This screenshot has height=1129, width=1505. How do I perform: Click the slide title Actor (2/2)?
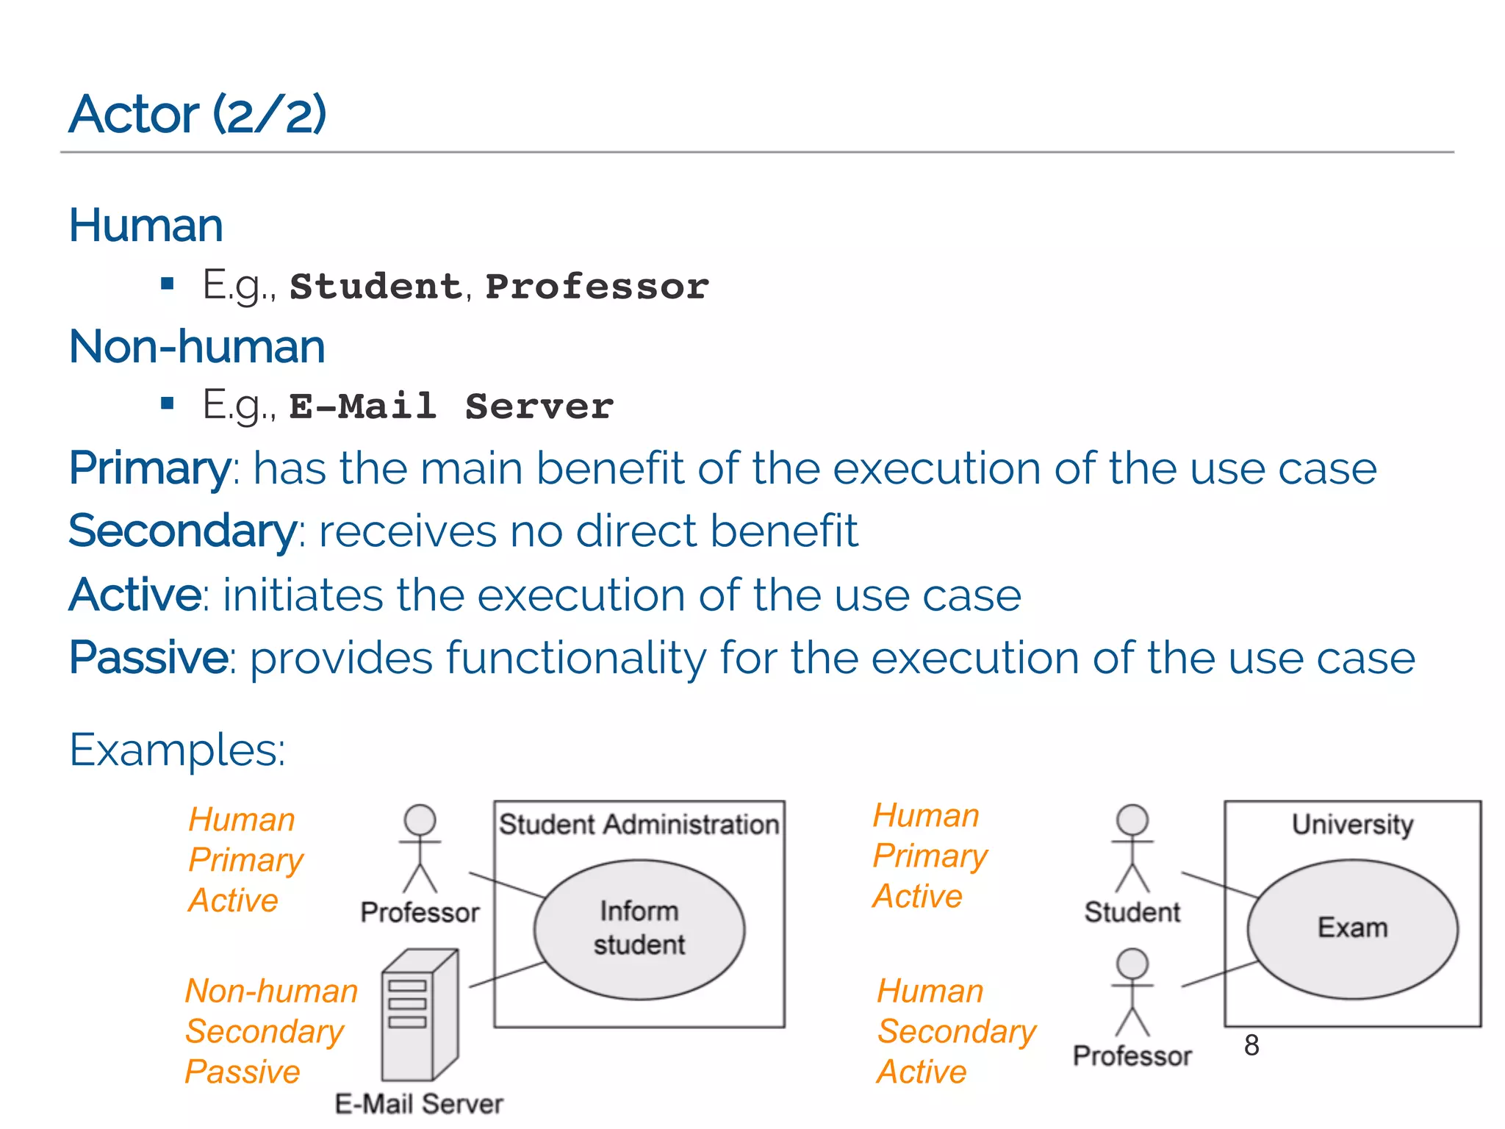click(197, 115)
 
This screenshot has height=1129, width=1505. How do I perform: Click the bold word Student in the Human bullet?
click(376, 286)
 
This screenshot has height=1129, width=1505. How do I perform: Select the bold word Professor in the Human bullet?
click(597, 286)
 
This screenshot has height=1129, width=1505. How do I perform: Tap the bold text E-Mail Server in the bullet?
click(450, 406)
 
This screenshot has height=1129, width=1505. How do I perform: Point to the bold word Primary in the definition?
click(150, 468)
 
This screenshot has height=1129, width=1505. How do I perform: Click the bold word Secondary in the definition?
click(182, 531)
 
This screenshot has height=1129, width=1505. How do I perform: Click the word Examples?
click(177, 750)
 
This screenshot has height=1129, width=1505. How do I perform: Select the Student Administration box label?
click(639, 824)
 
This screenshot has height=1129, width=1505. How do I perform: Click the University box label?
click(1352, 824)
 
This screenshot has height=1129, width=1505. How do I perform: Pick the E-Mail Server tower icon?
click(420, 1014)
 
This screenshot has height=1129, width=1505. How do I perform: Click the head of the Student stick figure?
click(1132, 819)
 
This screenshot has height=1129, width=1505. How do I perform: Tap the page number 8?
click(1251, 1045)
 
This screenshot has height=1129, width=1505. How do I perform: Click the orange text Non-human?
click(271, 991)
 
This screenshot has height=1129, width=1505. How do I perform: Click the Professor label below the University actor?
click(1132, 1055)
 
